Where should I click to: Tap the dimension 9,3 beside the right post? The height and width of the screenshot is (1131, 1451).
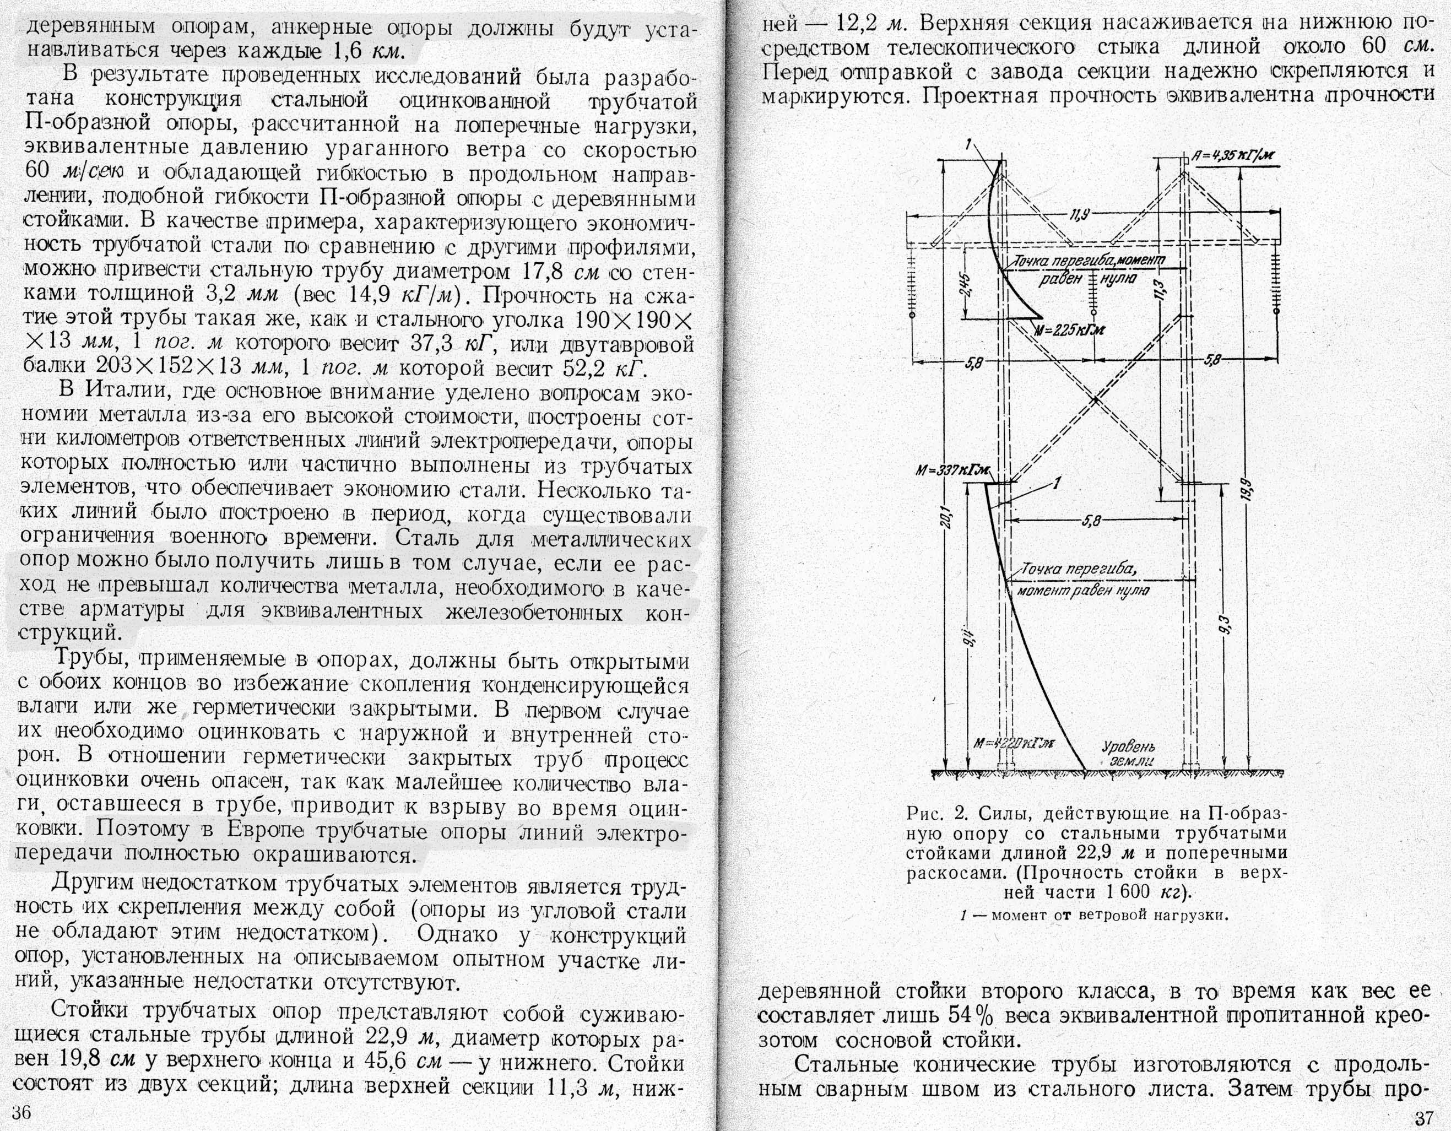click(x=1226, y=625)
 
